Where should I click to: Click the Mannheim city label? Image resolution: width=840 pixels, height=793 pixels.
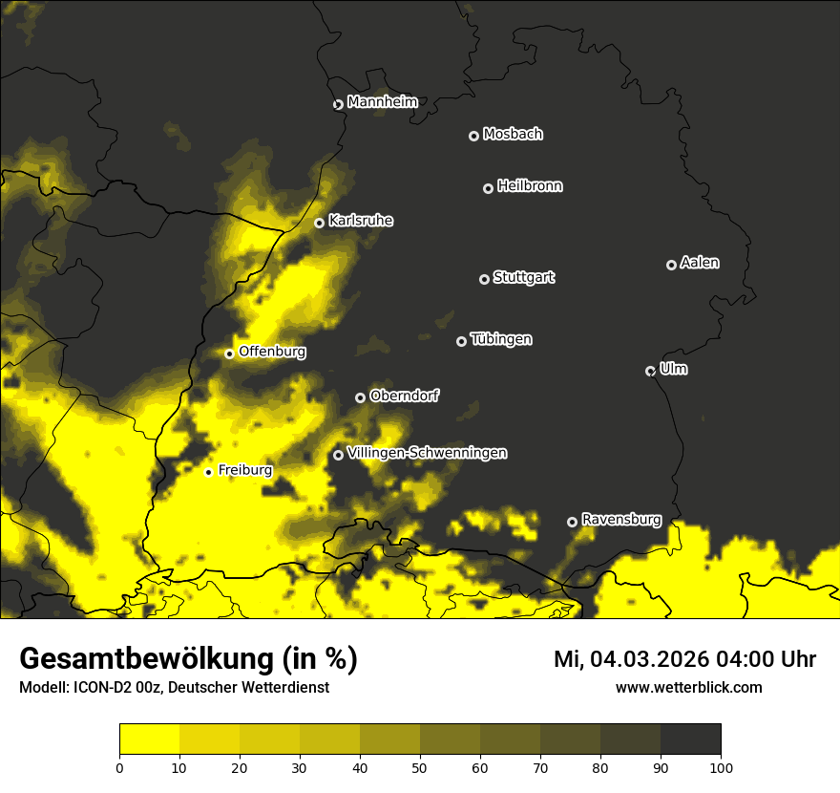coord(382,101)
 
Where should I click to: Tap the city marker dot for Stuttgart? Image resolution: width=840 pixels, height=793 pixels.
coord(484,279)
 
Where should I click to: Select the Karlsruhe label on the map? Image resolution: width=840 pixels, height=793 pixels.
coord(360,221)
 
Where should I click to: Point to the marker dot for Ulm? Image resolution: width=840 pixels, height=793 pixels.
coord(650,371)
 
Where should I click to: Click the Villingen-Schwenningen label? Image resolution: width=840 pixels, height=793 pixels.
coord(427,453)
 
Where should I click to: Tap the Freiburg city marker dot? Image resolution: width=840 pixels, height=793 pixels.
coord(208,472)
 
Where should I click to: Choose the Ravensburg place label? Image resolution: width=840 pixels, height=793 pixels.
coord(620,520)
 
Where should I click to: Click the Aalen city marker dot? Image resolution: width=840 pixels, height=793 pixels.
coord(671,265)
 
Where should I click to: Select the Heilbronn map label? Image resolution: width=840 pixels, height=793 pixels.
coord(530,186)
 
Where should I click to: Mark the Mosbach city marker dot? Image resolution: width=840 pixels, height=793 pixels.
coord(472,136)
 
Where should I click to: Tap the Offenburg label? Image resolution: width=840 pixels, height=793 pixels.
coord(272,352)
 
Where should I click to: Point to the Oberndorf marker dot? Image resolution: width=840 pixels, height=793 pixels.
coord(360,397)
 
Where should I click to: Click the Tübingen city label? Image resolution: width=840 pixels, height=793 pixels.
coord(501,339)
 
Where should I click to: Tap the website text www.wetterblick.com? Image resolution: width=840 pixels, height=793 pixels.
coord(688,687)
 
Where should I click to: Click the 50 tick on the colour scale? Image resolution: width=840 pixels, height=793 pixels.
coord(420,767)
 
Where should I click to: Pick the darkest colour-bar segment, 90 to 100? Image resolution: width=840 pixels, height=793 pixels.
coord(690,739)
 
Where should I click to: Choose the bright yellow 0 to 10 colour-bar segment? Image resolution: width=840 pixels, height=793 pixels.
coord(149,739)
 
